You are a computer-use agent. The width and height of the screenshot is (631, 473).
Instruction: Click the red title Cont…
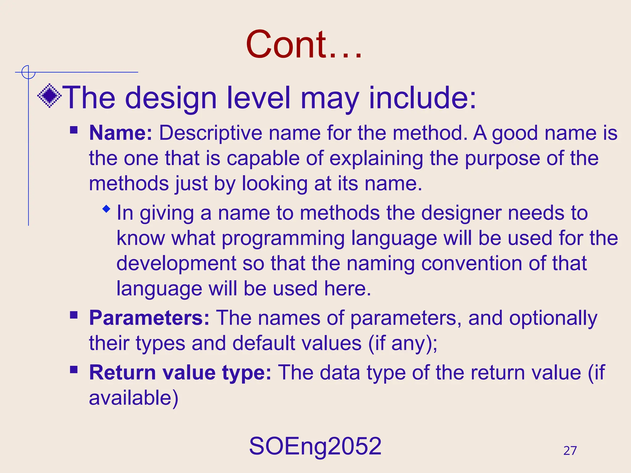pyautogui.click(x=303, y=45)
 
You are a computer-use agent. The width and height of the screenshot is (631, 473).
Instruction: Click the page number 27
pyautogui.click(x=570, y=451)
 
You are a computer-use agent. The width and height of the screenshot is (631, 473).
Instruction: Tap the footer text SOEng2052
pyautogui.click(x=315, y=446)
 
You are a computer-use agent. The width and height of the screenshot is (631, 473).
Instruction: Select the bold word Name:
pyautogui.click(x=120, y=133)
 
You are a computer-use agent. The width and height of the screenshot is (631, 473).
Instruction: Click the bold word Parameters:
pyautogui.click(x=149, y=318)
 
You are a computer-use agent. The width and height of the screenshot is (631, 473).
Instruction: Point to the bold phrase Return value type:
pyautogui.click(x=180, y=373)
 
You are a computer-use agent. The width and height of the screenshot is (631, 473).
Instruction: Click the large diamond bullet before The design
pyautogui.click(x=49, y=96)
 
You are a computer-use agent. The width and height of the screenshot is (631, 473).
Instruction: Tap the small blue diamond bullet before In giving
pyautogui.click(x=106, y=209)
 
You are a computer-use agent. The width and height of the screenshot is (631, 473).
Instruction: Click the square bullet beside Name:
pyautogui.click(x=74, y=129)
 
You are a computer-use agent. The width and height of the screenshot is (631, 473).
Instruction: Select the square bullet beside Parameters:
pyautogui.click(x=74, y=315)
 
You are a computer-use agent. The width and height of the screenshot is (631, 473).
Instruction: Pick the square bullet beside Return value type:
pyautogui.click(x=74, y=369)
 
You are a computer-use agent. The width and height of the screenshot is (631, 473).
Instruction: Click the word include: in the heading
pyautogui.click(x=423, y=98)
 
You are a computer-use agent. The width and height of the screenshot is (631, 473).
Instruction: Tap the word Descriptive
pyautogui.click(x=210, y=133)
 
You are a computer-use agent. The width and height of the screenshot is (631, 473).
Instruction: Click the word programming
pyautogui.click(x=283, y=239)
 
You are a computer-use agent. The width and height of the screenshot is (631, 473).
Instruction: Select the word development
pyautogui.click(x=176, y=264)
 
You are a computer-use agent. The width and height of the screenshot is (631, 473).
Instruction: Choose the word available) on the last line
pyautogui.click(x=133, y=398)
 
